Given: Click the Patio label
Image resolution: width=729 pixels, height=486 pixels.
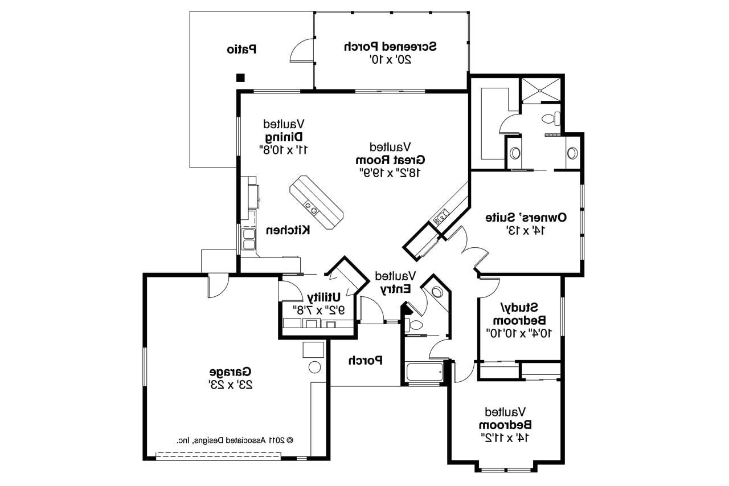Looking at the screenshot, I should click(x=241, y=50).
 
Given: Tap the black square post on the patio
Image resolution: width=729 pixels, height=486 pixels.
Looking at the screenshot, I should click(x=241, y=77).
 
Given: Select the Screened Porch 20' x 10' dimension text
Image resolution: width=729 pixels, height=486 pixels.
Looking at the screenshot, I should click(x=391, y=59).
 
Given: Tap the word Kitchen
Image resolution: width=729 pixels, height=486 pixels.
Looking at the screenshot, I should click(x=289, y=230).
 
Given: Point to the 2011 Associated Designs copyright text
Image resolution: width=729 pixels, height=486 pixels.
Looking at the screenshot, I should click(x=234, y=440).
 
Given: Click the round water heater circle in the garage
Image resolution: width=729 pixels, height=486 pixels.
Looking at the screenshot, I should click(x=315, y=366).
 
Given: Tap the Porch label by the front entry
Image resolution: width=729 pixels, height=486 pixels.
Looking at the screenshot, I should click(x=364, y=360).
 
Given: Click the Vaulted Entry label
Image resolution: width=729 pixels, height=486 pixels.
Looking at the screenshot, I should click(x=395, y=283).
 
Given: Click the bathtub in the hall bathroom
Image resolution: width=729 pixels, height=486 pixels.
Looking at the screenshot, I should click(x=425, y=373).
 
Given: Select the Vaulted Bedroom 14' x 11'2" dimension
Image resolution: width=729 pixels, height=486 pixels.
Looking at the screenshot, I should click(x=505, y=438).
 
